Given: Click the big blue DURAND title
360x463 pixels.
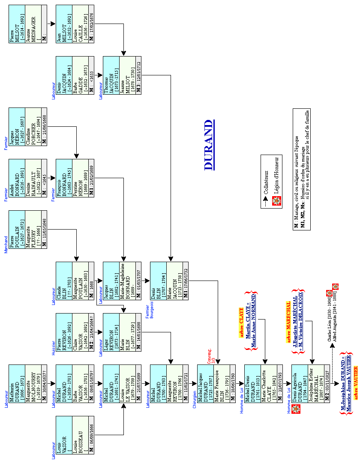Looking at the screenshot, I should pyautogui.click(x=209, y=145).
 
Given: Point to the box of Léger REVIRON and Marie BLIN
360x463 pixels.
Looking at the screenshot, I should pyautogui.click(x=122, y=332).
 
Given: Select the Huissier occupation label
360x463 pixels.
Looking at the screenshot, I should pyautogui.click(x=54, y=347).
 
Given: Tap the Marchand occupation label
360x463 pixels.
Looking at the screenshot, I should pyautogui.click(x=6, y=244).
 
